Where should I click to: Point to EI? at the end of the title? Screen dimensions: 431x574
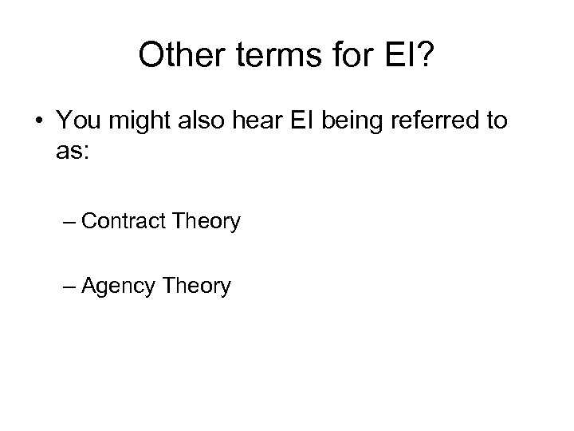[x=408, y=55]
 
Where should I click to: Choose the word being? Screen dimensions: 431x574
[x=343, y=123]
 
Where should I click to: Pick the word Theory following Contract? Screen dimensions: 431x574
[x=204, y=221]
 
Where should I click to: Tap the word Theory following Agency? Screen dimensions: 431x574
[x=195, y=285]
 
